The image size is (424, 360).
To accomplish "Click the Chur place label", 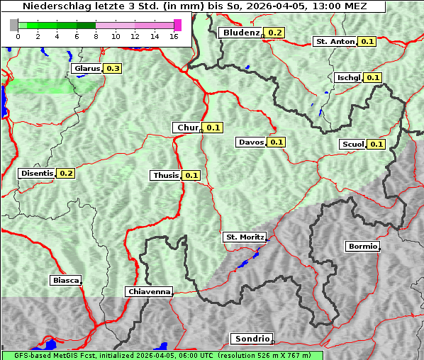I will pyautogui.click(x=187, y=128).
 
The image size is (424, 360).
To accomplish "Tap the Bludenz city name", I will pyautogui.click(x=240, y=33).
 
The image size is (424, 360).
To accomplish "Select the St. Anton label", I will pyautogui.click(x=335, y=42).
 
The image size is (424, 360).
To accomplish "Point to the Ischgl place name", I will pyautogui.click(x=349, y=77).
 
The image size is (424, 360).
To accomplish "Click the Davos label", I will pyautogui.click(x=251, y=142).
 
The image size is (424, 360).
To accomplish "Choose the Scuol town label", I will pyautogui.click(x=352, y=145).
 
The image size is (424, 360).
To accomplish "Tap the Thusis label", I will pyautogui.click(x=166, y=175).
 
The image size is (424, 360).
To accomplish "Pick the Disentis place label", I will pyautogui.click(x=37, y=173).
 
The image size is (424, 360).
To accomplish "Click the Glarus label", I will pyautogui.click(x=87, y=69).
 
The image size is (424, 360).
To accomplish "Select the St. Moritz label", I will pyautogui.click(x=245, y=237).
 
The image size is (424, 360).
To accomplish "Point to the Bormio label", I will pyautogui.click(x=362, y=247).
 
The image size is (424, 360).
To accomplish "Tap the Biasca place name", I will pyautogui.click(x=65, y=280).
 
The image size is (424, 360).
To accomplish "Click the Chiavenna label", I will pyautogui.click(x=149, y=291).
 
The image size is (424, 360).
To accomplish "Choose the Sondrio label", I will pyautogui.click(x=251, y=339).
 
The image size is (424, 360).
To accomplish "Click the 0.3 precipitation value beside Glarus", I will pyautogui.click(x=113, y=69).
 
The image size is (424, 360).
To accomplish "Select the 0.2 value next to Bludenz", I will pyautogui.click(x=275, y=33).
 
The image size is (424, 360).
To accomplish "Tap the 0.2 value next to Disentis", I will pyautogui.click(x=66, y=173).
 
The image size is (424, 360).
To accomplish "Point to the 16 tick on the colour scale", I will pyautogui.click(x=174, y=36).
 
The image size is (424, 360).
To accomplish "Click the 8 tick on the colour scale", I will pyautogui.click(x=96, y=36).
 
